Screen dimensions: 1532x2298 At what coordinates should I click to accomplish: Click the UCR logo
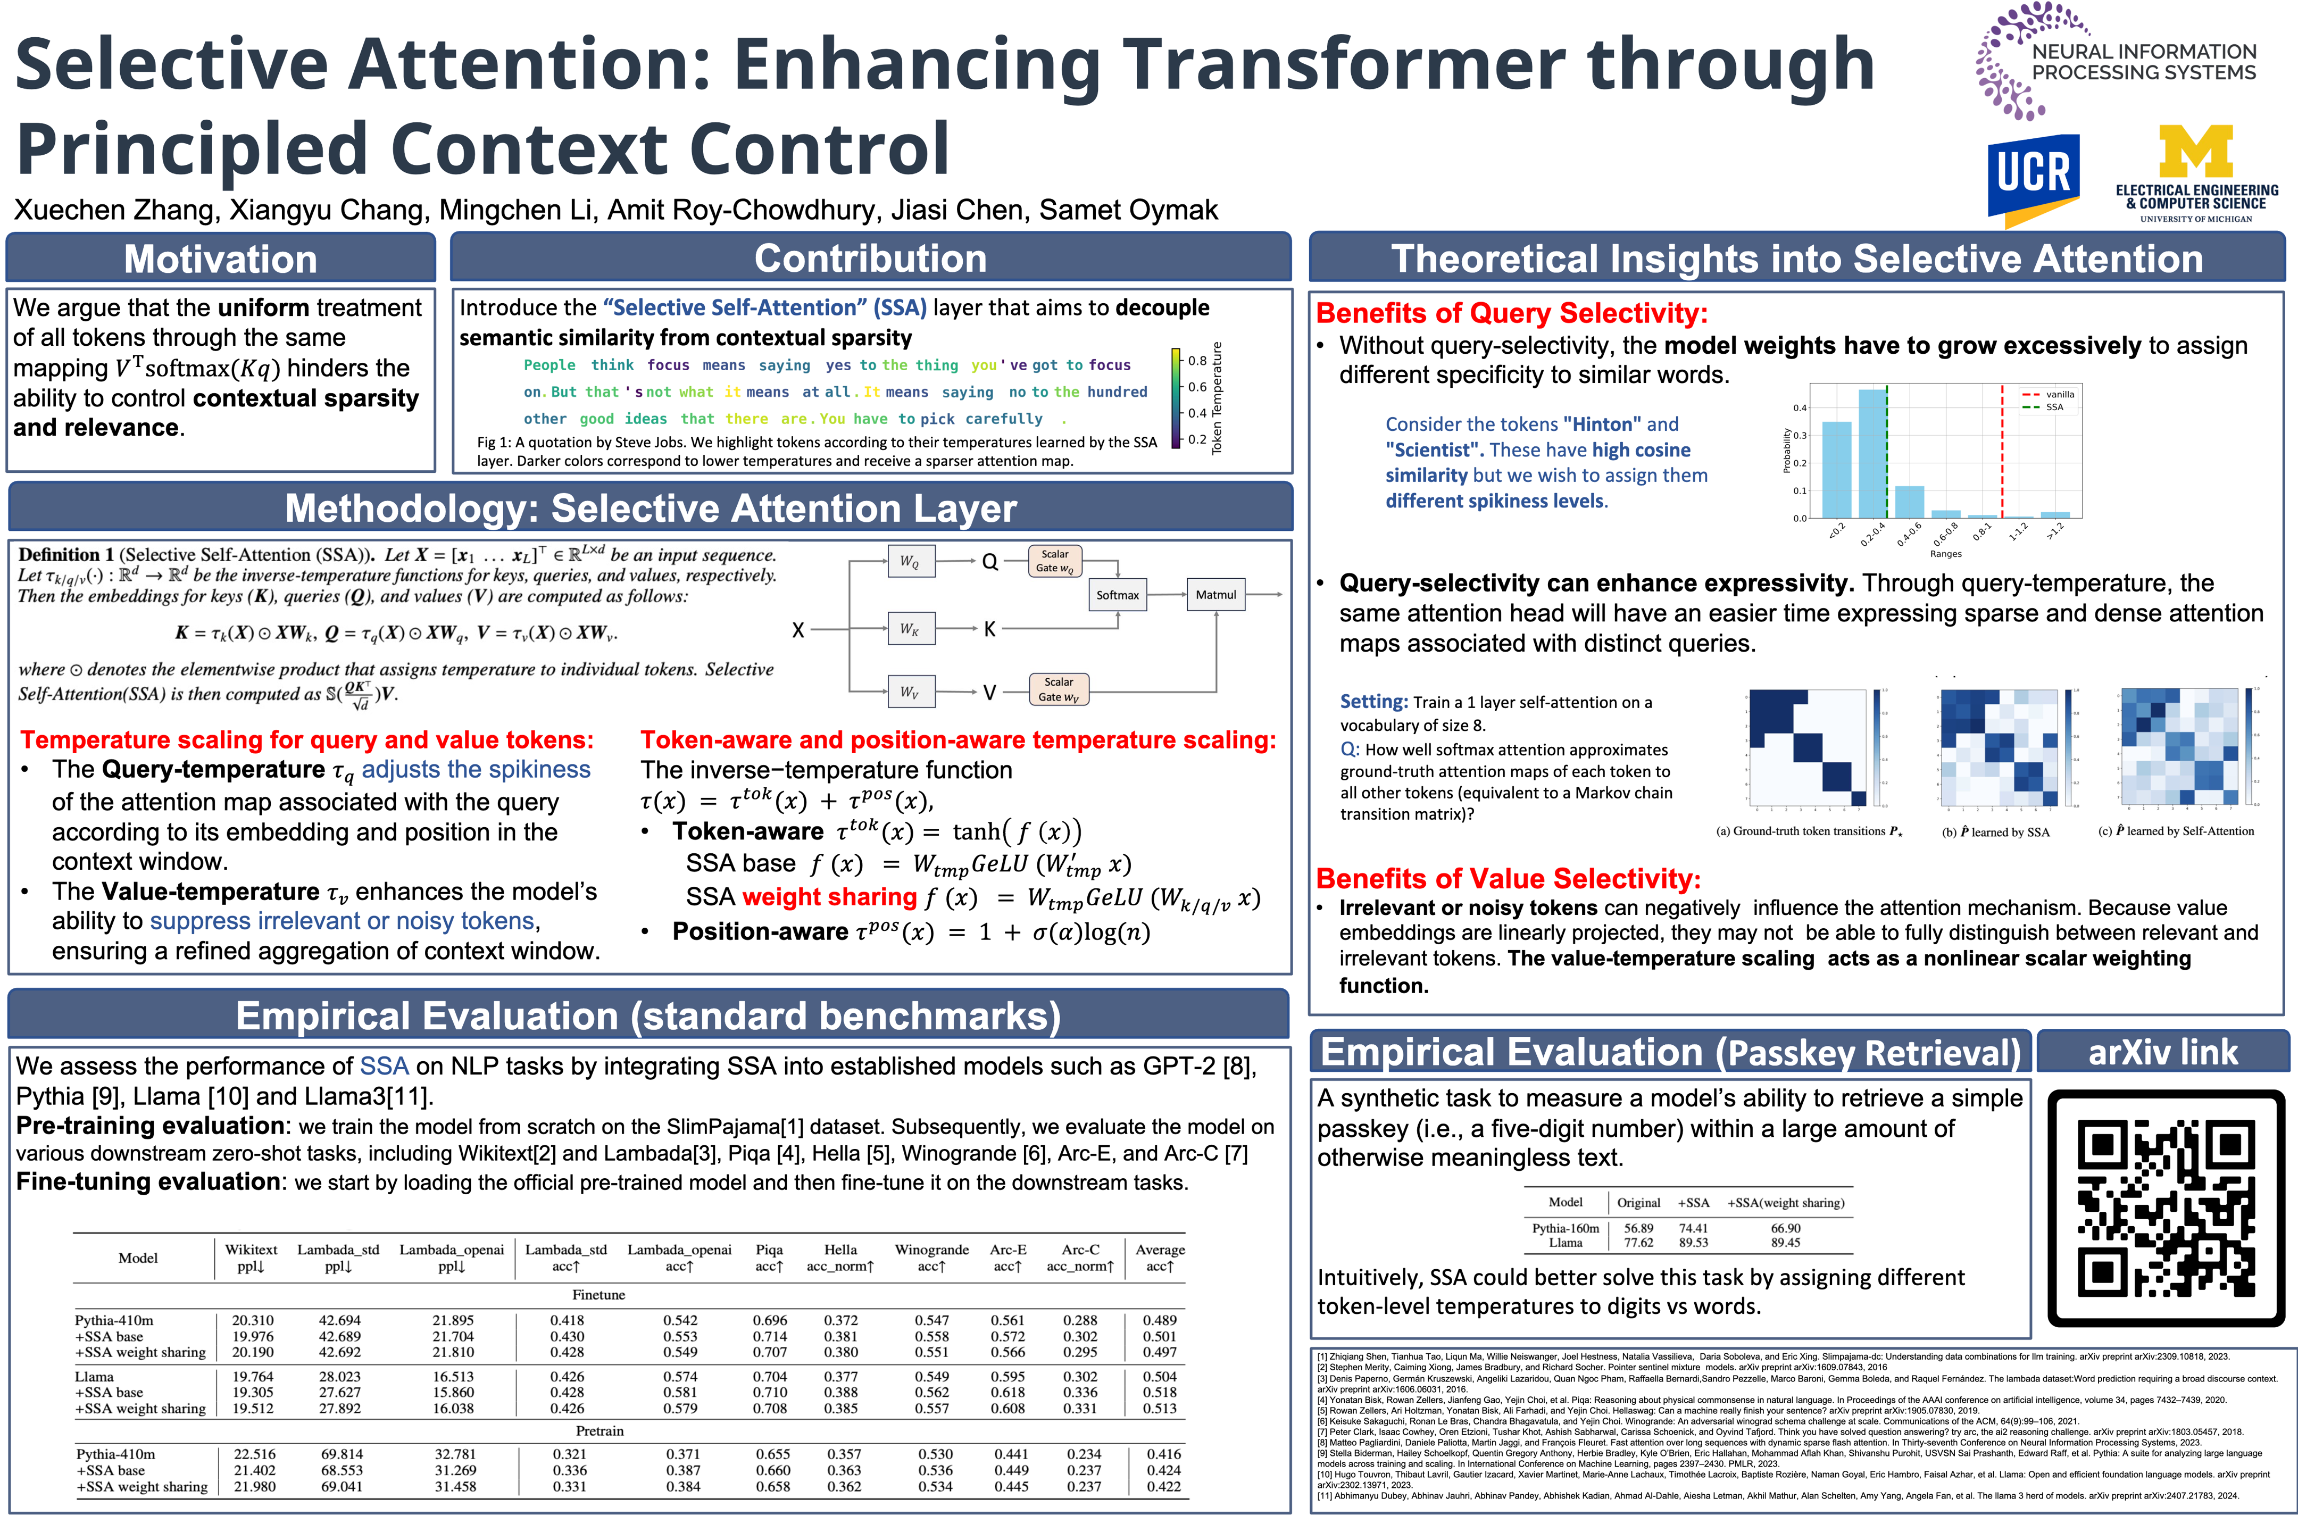2033,177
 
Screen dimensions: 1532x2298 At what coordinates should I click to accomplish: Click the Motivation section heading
221,259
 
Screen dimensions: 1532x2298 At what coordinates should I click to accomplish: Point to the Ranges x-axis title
1945,554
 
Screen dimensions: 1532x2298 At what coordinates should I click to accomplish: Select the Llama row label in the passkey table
1565,1243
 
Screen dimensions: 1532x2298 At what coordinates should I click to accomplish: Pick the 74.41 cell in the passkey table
1693,1228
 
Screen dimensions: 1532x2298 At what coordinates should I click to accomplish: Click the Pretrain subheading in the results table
599,1430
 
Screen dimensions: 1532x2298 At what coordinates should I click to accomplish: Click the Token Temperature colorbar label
1217,398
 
